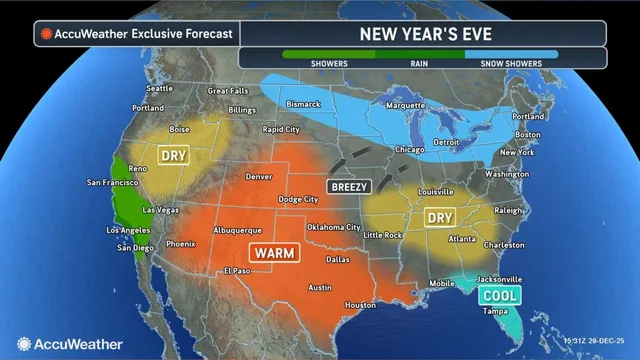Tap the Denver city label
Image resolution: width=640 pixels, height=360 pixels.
[259, 177]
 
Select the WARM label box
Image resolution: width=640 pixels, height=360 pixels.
[272, 253]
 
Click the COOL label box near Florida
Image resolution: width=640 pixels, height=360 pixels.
[498, 296]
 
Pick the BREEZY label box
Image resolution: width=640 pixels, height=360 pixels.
[348, 186]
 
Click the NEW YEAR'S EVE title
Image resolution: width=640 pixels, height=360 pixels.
[431, 33]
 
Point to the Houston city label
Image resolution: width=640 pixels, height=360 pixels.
[360, 304]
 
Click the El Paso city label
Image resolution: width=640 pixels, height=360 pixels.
[237, 270]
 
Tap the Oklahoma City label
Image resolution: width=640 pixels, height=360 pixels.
[333, 227]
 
